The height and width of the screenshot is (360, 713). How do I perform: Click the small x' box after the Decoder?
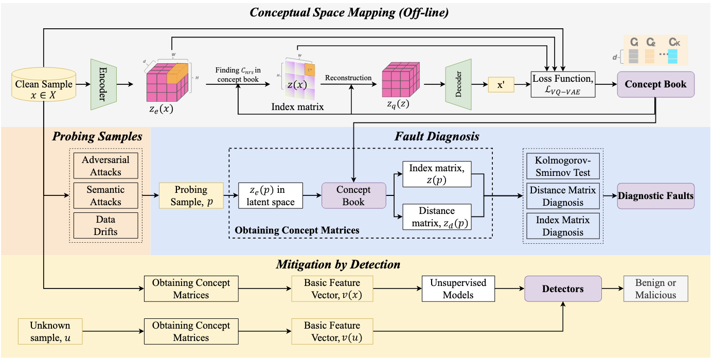click(x=501, y=84)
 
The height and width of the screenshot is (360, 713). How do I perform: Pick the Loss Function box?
click(x=563, y=84)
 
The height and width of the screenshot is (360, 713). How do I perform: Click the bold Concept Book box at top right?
click(x=655, y=84)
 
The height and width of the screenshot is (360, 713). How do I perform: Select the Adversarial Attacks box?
click(x=106, y=166)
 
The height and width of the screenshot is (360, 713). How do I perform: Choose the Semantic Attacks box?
click(x=106, y=195)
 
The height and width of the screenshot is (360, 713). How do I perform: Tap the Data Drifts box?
click(x=106, y=225)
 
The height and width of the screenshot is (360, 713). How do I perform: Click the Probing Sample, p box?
click(x=191, y=195)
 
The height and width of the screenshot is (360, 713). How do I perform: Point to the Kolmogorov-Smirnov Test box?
click(x=563, y=166)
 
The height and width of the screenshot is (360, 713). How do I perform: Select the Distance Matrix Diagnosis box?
click(x=563, y=196)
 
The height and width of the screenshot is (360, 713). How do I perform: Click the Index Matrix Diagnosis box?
click(x=563, y=226)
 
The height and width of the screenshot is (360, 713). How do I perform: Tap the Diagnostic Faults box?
click(x=655, y=196)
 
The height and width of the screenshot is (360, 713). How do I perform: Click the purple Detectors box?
click(x=563, y=289)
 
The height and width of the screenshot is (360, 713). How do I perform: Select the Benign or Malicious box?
click(x=655, y=289)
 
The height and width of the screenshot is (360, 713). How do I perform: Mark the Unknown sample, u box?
click(x=49, y=332)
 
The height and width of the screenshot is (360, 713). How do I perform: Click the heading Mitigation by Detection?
click(x=338, y=265)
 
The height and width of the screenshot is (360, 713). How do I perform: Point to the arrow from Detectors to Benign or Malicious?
click(x=612, y=289)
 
